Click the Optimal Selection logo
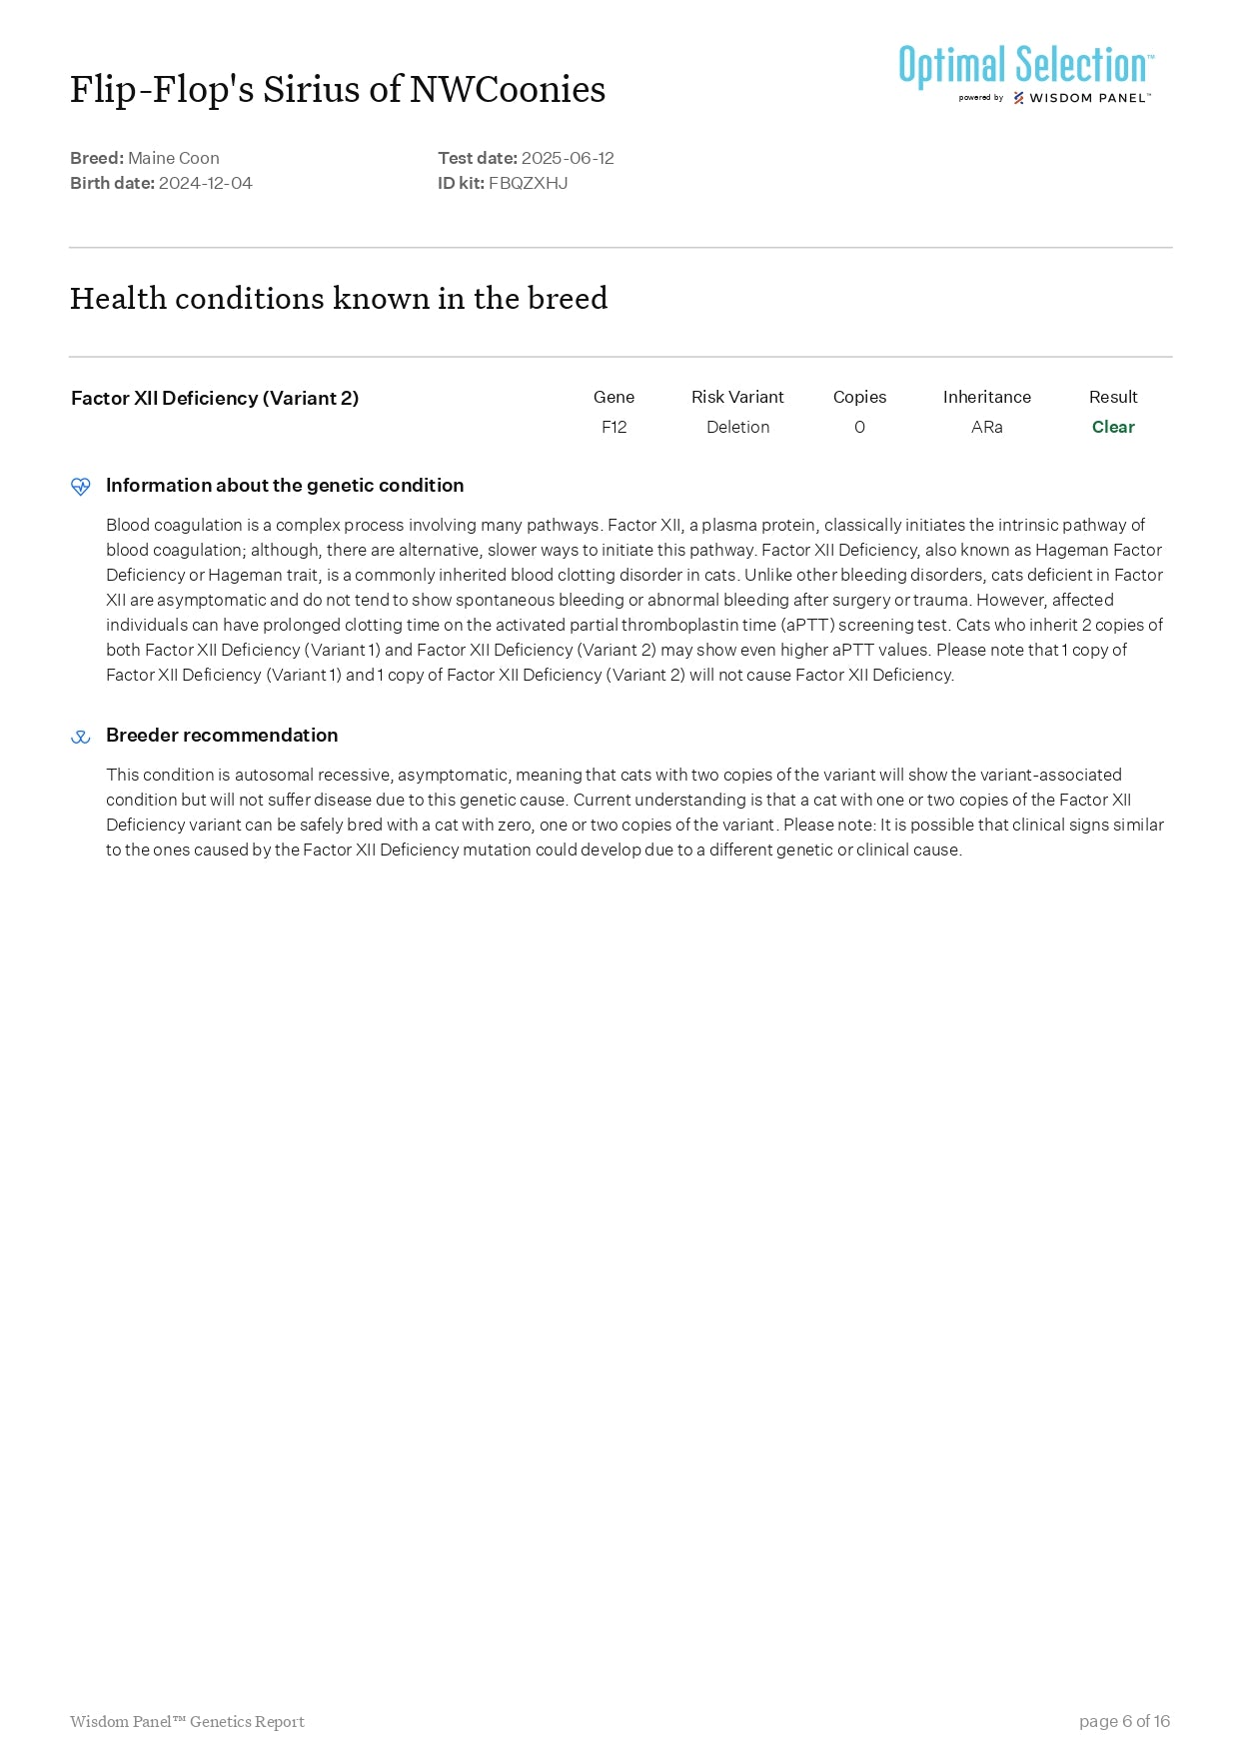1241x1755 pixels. [1025, 73]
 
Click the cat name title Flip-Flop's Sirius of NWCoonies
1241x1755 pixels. [338, 90]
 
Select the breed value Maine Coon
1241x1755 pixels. [174, 158]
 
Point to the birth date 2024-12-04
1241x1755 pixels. [206, 183]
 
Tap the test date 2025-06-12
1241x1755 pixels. [568, 158]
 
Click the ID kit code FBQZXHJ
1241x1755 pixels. [528, 183]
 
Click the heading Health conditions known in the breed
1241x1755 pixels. [339, 298]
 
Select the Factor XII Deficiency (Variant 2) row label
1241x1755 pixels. [215, 398]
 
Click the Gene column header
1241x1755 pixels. [614, 397]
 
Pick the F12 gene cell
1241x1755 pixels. [614, 427]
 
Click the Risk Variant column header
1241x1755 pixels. [737, 397]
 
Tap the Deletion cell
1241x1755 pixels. [737, 427]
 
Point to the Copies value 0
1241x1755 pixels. [859, 427]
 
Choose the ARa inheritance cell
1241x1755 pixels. [986, 427]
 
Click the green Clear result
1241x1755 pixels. [1113, 427]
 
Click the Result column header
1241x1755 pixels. [1113, 397]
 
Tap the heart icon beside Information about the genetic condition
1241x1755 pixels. [81, 487]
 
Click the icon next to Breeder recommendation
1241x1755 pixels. [81, 738]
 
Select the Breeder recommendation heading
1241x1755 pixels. [222, 736]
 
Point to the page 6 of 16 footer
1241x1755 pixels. [1124, 1721]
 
